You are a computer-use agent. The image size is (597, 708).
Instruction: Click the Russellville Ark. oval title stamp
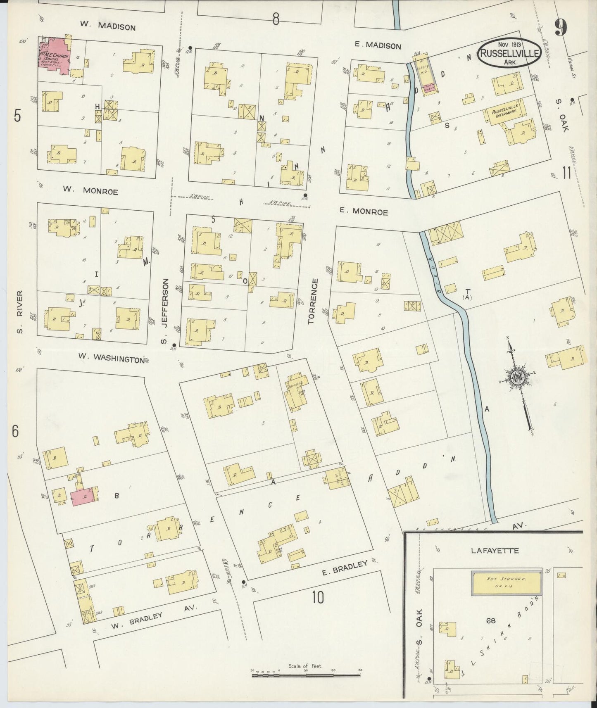tap(509, 53)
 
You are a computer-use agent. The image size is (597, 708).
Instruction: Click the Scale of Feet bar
tap(306, 676)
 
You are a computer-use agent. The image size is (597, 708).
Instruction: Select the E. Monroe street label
tap(364, 212)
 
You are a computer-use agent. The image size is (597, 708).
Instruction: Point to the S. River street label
tap(19, 312)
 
